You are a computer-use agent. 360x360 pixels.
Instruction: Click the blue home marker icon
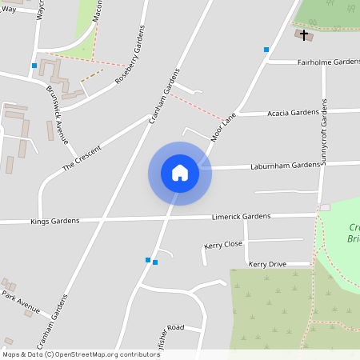pyautogui.click(x=180, y=173)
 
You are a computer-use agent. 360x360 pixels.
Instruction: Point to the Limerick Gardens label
pyautogui.click(x=241, y=216)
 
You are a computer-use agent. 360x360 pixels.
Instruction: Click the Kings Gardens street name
pyautogui.click(x=51, y=221)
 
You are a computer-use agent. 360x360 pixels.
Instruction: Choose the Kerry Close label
pyautogui.click(x=223, y=245)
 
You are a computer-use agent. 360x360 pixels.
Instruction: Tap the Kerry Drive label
pyautogui.click(x=267, y=264)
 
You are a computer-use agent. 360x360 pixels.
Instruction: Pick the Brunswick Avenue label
pyautogui.click(x=56, y=113)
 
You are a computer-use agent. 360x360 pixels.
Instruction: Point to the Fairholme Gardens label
pyautogui.click(x=328, y=62)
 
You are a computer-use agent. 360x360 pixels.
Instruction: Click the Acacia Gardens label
pyautogui.click(x=293, y=113)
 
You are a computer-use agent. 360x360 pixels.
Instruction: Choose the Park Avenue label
pyautogui.click(x=20, y=302)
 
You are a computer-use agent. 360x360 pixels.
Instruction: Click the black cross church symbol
pyautogui.click(x=304, y=34)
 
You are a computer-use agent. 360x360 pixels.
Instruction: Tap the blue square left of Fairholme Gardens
pyautogui.click(x=266, y=50)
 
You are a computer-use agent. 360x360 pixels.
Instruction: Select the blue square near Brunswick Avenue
pyautogui.click(x=34, y=66)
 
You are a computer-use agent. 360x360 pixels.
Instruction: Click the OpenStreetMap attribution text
pyautogui.click(x=82, y=354)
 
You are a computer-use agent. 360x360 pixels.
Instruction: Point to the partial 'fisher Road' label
pyautogui.click(x=169, y=328)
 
